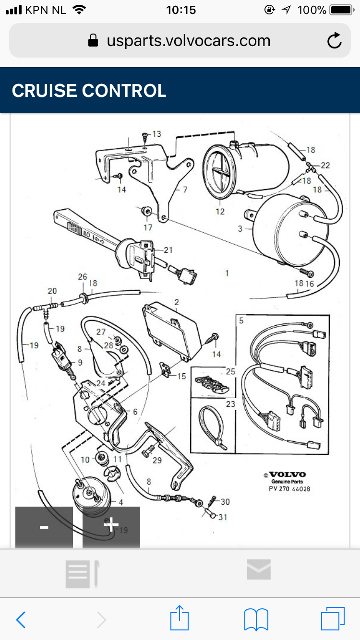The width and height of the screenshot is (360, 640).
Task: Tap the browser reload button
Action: point(335,41)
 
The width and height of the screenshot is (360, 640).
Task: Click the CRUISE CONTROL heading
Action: point(89,91)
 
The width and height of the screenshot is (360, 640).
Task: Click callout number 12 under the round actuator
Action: point(220,211)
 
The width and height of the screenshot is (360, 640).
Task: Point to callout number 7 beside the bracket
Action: point(185,190)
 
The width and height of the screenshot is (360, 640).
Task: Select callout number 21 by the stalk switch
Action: point(168,250)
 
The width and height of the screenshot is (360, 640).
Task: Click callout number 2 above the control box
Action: point(177,302)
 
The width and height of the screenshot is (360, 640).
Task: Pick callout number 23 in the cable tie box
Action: point(230,404)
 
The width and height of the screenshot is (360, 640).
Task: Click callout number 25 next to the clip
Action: point(230,372)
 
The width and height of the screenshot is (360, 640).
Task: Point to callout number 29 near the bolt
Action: point(157,461)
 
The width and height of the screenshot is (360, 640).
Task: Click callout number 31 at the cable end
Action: point(222,517)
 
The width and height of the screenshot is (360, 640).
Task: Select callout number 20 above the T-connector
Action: point(52,291)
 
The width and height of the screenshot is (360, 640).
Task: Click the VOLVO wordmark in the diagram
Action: point(287,474)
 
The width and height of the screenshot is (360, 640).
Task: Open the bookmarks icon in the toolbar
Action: point(256,619)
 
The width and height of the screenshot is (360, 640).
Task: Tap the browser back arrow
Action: point(21,620)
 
